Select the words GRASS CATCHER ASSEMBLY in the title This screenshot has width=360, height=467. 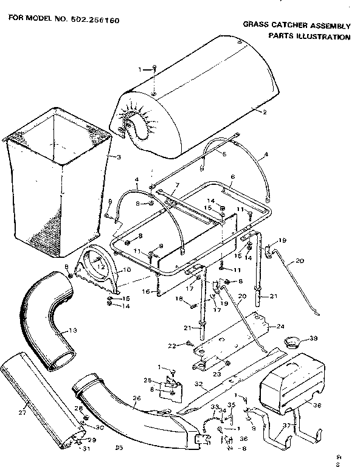coord(297,26)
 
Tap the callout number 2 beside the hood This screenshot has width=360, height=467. coord(265,112)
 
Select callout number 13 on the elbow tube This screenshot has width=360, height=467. coord(74,331)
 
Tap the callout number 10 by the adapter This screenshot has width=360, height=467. coord(127,269)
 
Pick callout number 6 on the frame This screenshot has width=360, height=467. coord(232,176)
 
